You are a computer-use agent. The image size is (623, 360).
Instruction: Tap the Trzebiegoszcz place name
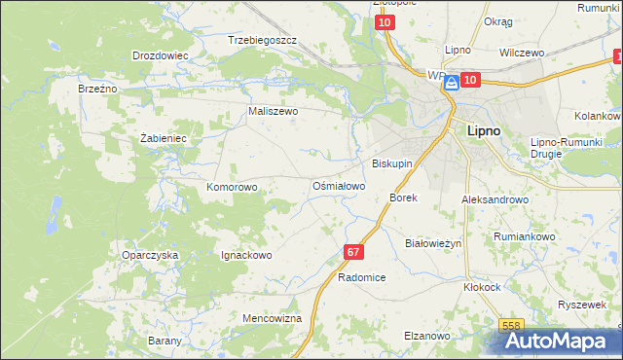(261, 41)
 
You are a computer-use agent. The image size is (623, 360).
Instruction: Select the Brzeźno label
(97, 88)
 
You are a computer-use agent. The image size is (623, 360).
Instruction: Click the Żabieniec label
(163, 138)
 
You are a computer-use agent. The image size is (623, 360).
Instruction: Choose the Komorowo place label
(232, 186)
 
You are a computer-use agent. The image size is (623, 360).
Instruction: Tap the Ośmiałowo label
(338, 185)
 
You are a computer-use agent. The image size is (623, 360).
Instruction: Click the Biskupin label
(392, 163)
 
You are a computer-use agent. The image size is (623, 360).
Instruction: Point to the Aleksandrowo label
(495, 198)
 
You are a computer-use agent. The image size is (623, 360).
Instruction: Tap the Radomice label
(362, 277)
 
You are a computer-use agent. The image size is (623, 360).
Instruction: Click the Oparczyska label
(150, 255)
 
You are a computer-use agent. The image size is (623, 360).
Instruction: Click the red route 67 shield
(353, 252)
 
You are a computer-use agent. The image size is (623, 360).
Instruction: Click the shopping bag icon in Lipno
(451, 85)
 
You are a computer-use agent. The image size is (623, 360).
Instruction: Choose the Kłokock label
(482, 288)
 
